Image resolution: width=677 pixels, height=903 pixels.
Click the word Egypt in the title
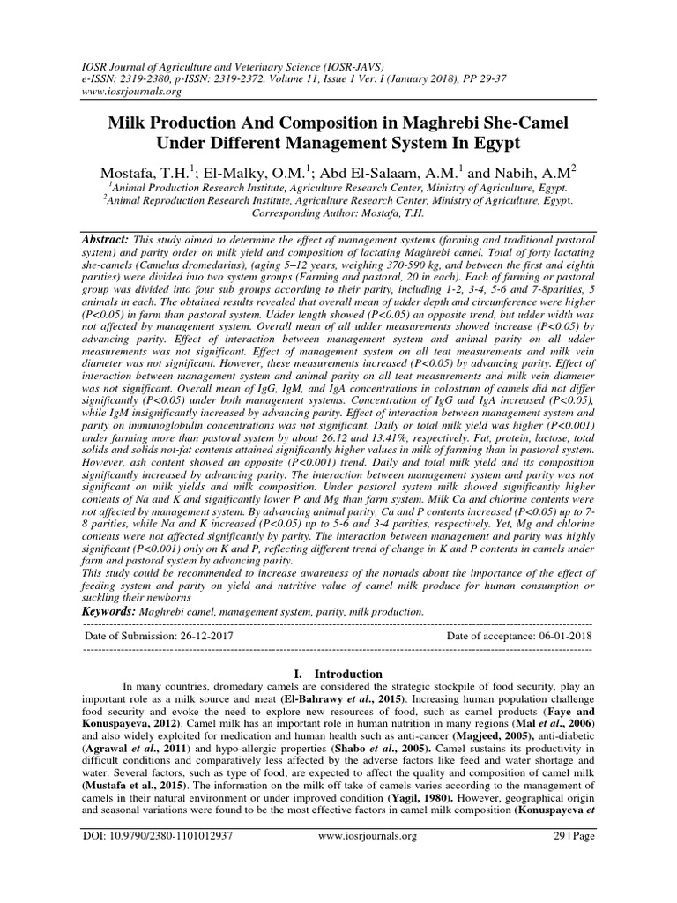tap(491, 143)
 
